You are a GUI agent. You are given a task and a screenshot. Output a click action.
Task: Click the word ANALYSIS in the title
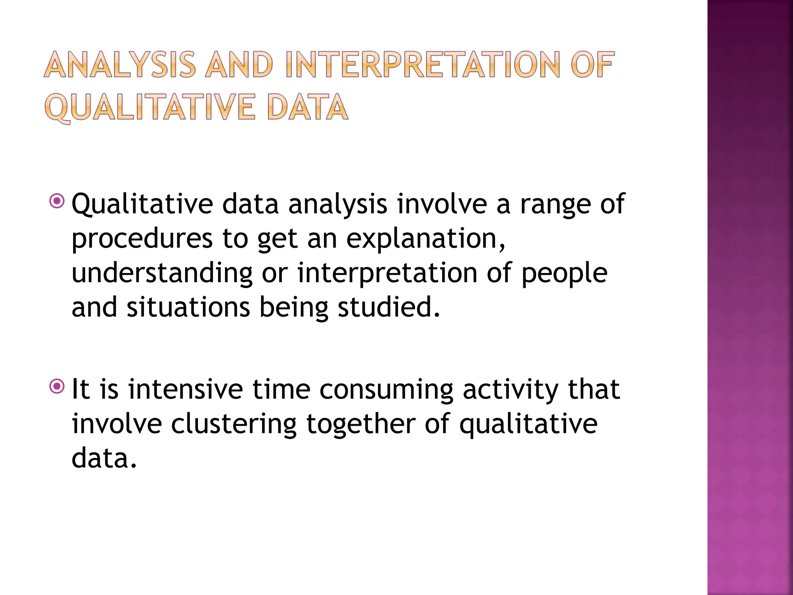point(120,65)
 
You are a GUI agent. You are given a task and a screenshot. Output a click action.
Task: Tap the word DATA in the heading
point(308,107)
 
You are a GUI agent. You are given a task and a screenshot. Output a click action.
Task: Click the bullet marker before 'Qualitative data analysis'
point(57,201)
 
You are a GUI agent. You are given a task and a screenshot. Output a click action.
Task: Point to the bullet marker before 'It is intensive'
point(57,386)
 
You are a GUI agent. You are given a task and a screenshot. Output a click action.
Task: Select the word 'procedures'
point(142,239)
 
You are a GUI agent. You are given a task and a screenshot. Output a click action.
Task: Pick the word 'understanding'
point(162,273)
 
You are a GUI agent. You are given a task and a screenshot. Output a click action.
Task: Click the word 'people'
point(565,273)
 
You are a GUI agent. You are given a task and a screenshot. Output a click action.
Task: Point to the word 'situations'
point(188,307)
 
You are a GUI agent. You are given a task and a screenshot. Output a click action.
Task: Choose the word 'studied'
point(389,307)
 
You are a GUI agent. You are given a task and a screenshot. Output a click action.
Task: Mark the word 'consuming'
point(386,390)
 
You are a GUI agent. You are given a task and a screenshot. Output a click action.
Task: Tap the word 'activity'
point(510,390)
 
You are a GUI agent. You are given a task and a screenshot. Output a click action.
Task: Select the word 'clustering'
point(233,424)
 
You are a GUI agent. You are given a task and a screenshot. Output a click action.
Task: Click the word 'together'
point(361,424)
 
